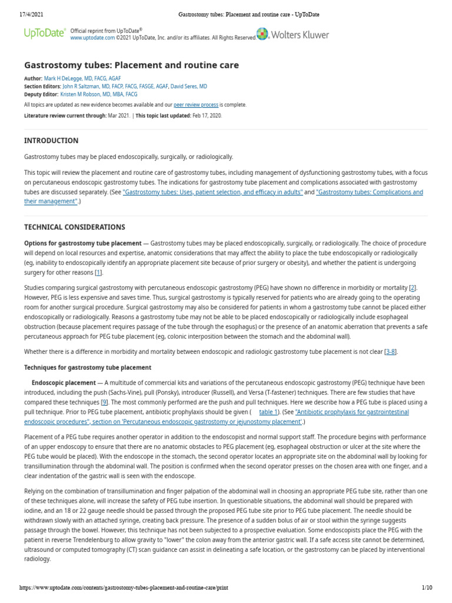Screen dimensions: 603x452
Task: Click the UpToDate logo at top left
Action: pyautogui.click(x=44, y=34)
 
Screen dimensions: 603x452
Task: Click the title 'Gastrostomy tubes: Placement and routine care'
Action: pyautogui.click(x=131, y=65)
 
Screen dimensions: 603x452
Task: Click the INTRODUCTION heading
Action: pyautogui.click(x=51, y=141)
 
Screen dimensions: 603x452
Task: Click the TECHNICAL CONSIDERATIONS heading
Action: pyautogui.click(x=74, y=227)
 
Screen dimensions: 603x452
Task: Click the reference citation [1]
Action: pyautogui.click(x=98, y=272)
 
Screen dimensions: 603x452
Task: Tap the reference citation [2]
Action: pyautogui.click(x=413, y=287)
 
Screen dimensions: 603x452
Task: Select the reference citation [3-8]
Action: pyautogui.click(x=390, y=352)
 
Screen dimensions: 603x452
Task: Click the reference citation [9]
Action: pyautogui.click(x=104, y=402)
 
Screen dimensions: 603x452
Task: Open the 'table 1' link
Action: pyautogui.click(x=269, y=412)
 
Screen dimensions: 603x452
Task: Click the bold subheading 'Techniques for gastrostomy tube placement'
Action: pyautogui.click(x=88, y=367)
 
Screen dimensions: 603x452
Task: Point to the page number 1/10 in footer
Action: pyautogui.click(x=427, y=588)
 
